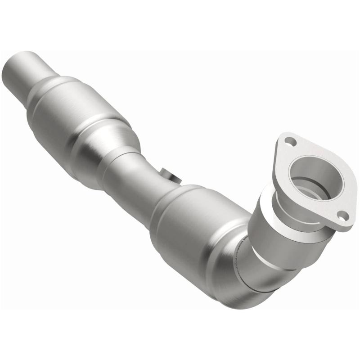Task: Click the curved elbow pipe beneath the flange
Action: coord(265,274)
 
